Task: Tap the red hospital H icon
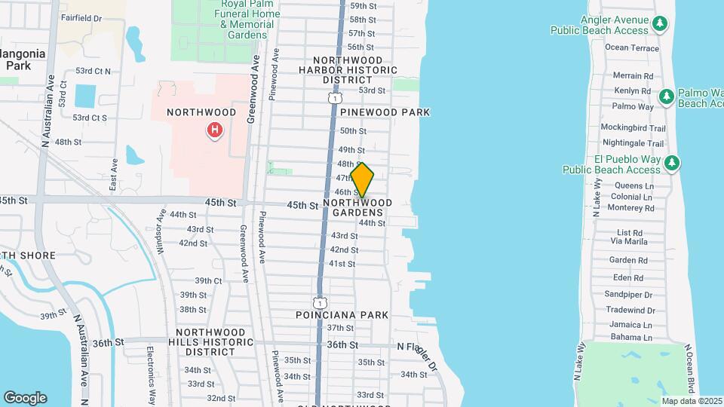pyautogui.click(x=215, y=131)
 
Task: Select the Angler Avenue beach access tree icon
pyautogui.click(x=660, y=24)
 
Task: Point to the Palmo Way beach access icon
pyautogui.click(x=666, y=96)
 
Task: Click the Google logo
pyautogui.click(x=25, y=398)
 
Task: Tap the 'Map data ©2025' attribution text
pyautogui.click(x=692, y=401)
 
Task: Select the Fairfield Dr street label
pyautogui.click(x=81, y=17)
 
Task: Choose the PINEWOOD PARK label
pyautogui.click(x=385, y=112)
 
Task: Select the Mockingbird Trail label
pyautogui.click(x=633, y=129)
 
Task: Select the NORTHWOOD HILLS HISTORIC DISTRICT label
pyautogui.click(x=210, y=341)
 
